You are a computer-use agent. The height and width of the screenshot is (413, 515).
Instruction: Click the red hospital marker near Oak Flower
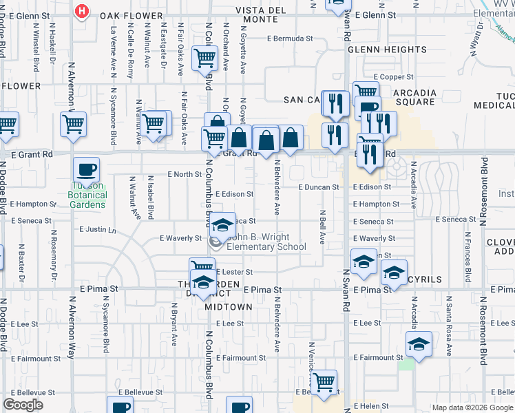(82, 12)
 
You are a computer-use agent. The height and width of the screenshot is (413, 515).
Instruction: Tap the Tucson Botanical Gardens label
(87, 195)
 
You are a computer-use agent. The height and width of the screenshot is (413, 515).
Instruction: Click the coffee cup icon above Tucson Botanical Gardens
(87, 169)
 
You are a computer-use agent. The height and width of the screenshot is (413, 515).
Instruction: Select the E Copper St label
(393, 77)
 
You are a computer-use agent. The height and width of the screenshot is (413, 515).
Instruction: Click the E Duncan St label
(319, 187)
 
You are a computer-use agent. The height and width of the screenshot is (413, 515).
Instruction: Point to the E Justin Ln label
(98, 229)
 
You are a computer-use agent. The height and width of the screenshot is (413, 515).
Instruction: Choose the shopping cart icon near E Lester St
(202, 267)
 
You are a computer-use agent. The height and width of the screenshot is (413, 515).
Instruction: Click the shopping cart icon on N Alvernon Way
(73, 125)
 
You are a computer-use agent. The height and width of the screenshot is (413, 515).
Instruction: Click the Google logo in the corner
(23, 405)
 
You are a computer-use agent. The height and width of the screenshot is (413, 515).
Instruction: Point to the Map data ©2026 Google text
(472, 407)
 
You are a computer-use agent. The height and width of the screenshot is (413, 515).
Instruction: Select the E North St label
(185, 175)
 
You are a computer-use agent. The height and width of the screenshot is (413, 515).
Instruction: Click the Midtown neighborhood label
(229, 307)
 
